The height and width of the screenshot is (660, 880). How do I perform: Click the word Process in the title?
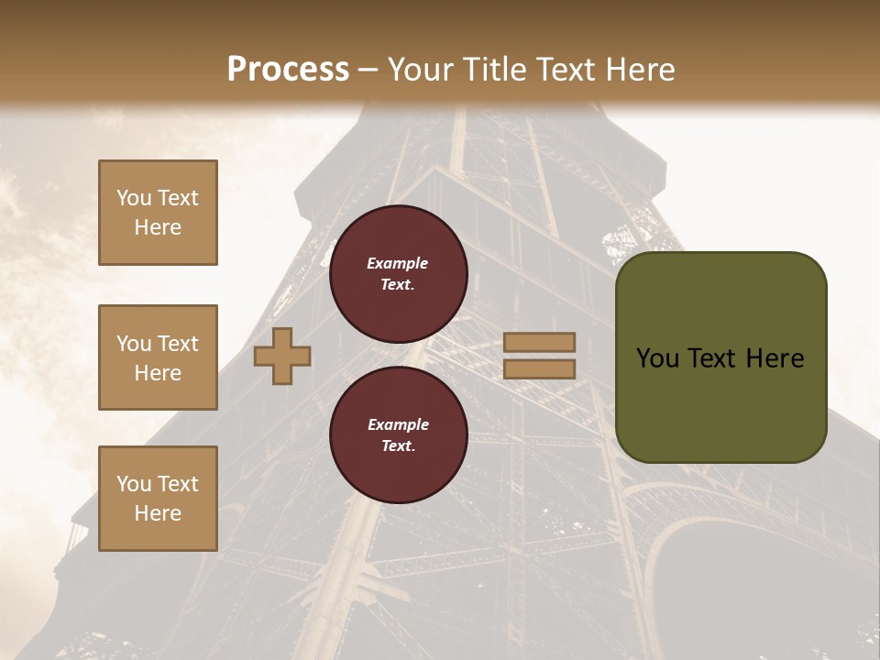coord(288,70)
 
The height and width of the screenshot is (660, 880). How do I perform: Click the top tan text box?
coord(158,213)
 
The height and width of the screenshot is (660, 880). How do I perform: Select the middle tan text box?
coord(158,357)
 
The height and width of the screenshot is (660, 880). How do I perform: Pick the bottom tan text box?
coord(158,499)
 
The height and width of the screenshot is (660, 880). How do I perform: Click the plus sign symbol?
coord(282,357)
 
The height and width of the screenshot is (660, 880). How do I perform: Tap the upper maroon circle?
coord(398,273)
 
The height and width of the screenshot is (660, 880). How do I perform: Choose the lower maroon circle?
coord(398,434)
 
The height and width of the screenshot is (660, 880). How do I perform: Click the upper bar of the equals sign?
coord(540,342)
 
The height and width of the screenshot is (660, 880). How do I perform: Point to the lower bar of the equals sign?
coord(540,368)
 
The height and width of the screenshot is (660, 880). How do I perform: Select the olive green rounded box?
coord(720,357)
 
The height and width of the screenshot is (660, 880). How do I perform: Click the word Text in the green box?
coord(713,358)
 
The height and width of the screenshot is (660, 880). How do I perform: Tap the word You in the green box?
coord(657,358)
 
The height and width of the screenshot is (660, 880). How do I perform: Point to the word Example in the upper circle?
coord(398,263)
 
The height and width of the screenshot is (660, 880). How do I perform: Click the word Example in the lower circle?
coord(398,424)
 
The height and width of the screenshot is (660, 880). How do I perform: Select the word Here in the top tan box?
coord(158,227)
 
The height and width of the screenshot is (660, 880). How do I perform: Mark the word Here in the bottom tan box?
coord(158,513)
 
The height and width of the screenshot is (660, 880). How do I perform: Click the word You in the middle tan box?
coord(134,344)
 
